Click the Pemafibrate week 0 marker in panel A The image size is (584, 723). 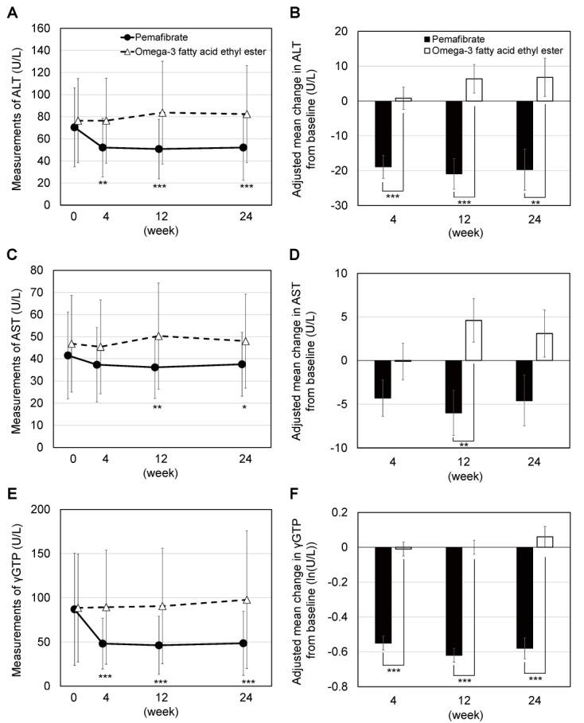point(74,127)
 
